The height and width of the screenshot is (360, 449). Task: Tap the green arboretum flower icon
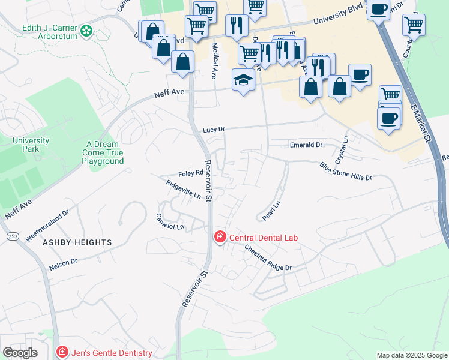(x=86, y=30)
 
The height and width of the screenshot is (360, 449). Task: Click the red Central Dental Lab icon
(x=220, y=238)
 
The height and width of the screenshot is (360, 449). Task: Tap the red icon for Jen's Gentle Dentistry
(x=61, y=352)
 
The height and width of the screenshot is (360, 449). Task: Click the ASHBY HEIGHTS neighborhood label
(x=77, y=242)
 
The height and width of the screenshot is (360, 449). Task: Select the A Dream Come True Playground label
(x=103, y=153)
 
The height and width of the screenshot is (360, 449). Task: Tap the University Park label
(x=31, y=145)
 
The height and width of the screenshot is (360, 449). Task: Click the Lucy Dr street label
(x=213, y=130)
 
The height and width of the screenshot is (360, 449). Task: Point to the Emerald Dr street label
(x=306, y=145)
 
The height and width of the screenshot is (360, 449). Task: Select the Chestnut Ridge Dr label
(x=268, y=259)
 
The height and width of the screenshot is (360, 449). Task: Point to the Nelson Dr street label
(x=63, y=263)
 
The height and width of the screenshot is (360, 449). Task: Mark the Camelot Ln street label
(x=170, y=222)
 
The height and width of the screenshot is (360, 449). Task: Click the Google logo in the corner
(x=19, y=353)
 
